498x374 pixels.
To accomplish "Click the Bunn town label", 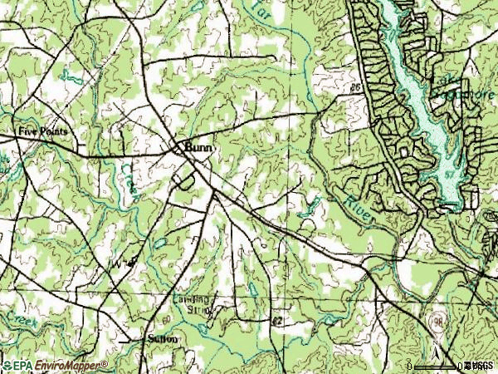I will (x=200, y=146).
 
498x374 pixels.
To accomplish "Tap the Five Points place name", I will (x=42, y=131).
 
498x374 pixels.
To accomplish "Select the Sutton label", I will (x=163, y=339).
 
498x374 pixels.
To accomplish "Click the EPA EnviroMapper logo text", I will (x=55, y=365).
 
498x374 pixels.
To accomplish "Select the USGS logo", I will (x=480, y=365).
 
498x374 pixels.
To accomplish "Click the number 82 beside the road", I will (x=276, y=319).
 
